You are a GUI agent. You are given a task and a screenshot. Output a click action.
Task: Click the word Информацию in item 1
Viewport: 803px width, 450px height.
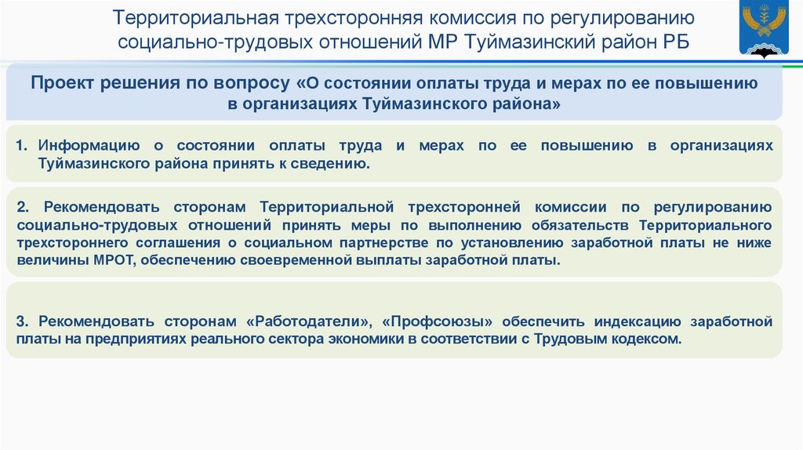(89, 147)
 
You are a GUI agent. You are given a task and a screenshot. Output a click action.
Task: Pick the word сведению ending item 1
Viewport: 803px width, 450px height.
(336, 164)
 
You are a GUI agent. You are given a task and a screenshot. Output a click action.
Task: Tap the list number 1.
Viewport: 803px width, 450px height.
(21, 147)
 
